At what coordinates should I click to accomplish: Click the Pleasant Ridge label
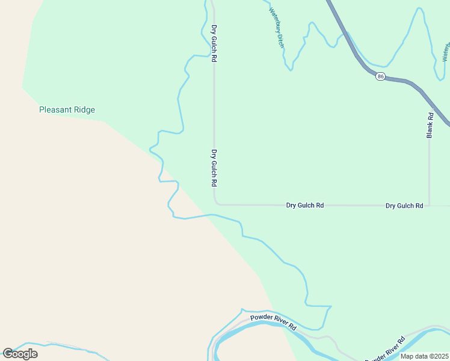pyautogui.click(x=67, y=110)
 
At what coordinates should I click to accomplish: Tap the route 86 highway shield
pyautogui.click(x=380, y=76)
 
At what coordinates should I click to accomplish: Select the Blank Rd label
pyautogui.click(x=430, y=125)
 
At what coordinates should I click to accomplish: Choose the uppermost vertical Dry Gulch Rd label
pyautogui.click(x=214, y=43)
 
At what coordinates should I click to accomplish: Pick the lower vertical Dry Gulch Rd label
pyautogui.click(x=214, y=167)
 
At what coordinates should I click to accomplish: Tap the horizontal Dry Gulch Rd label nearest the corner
pyautogui.click(x=304, y=205)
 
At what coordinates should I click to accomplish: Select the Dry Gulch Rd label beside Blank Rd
pyautogui.click(x=404, y=205)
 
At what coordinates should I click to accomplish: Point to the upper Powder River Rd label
pyautogui.click(x=274, y=322)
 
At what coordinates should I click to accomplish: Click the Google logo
pyautogui.click(x=20, y=353)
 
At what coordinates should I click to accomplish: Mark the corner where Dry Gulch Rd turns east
pyautogui.click(x=215, y=203)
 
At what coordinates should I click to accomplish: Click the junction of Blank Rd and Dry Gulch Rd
pyautogui.click(x=430, y=205)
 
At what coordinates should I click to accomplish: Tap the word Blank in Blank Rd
pyautogui.click(x=430, y=129)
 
